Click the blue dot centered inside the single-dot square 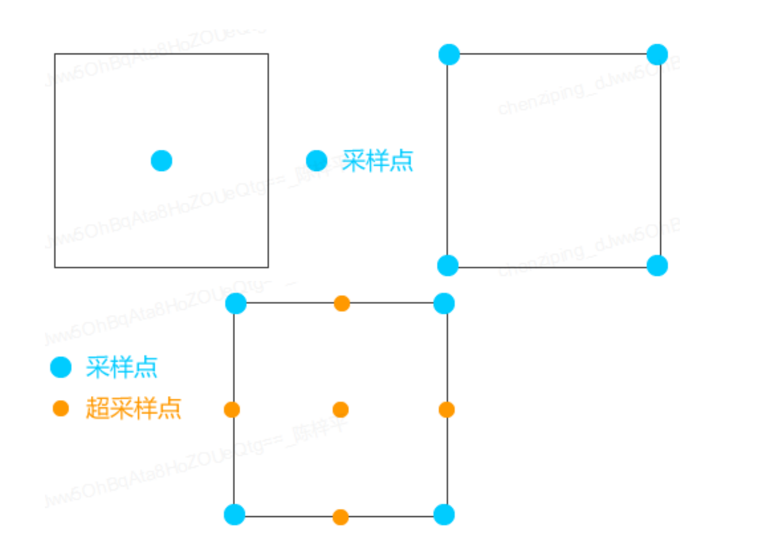click(x=162, y=161)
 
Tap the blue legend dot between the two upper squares click(x=317, y=161)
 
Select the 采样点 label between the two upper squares click(x=378, y=161)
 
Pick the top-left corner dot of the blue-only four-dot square click(x=449, y=55)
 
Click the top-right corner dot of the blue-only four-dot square click(x=657, y=55)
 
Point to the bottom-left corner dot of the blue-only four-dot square click(x=448, y=265)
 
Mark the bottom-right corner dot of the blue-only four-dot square click(x=657, y=265)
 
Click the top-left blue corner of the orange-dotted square click(x=235, y=303)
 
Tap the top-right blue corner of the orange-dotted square click(x=444, y=303)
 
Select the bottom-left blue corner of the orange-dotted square click(x=234, y=514)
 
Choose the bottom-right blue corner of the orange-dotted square click(x=444, y=514)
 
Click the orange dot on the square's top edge click(x=341, y=303)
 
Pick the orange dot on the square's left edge click(x=232, y=410)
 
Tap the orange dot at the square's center click(x=340, y=410)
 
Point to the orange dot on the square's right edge click(x=447, y=410)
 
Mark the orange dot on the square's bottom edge click(x=340, y=517)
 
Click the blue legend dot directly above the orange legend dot click(x=60, y=367)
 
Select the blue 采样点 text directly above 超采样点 click(x=121, y=367)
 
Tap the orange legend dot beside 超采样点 click(x=60, y=409)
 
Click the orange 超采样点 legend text click(x=134, y=409)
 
